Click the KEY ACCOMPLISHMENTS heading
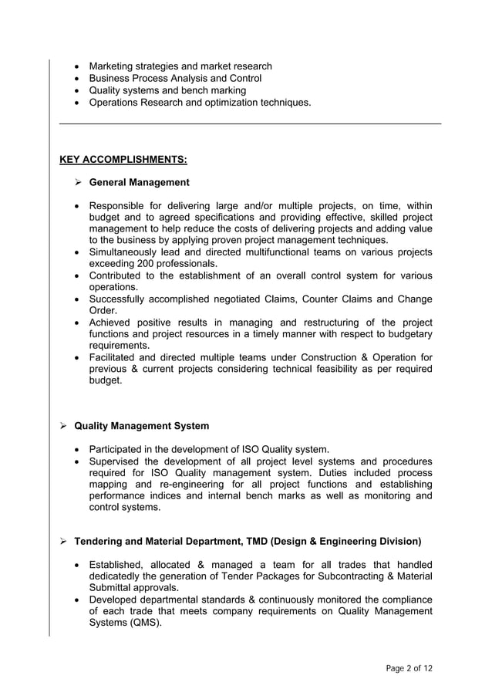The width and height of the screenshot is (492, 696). pos(123,160)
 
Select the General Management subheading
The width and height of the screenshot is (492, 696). pos(139,183)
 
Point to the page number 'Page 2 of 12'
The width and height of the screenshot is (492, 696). pos(409,668)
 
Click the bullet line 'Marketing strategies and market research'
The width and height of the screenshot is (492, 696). pos(180,66)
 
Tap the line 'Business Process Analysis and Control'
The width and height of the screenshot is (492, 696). pos(175,79)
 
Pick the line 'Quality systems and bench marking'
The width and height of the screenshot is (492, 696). pos(167,90)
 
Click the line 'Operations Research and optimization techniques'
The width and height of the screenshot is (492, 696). pos(200,103)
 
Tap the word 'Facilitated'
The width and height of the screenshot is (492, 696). pos(116,357)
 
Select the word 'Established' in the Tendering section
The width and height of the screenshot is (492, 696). pos(118,565)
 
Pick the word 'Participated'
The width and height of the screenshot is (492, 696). pos(120,449)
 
